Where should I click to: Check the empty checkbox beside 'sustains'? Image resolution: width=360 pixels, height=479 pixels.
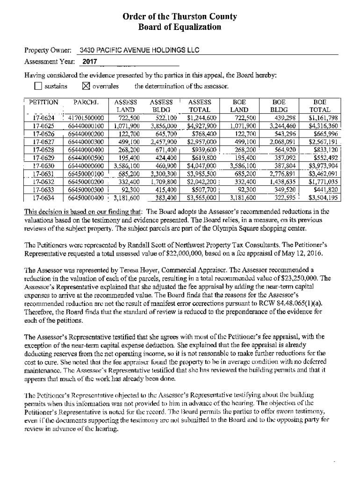tap(38, 86)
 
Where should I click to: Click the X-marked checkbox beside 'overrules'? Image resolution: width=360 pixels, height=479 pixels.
tap(86, 86)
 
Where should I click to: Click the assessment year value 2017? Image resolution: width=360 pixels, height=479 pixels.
tap(90, 62)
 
